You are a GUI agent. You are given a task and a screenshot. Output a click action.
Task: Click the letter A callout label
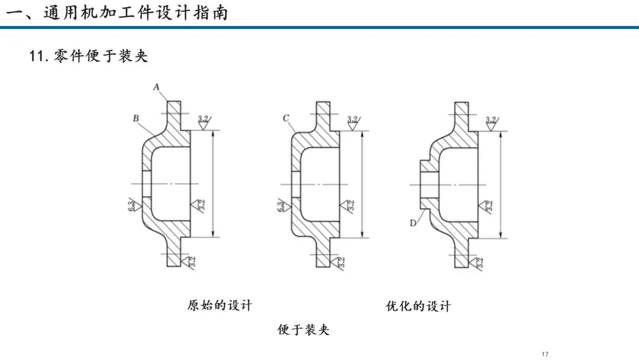pos(156,87)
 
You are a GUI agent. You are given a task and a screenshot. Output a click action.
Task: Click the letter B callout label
pos(135,118)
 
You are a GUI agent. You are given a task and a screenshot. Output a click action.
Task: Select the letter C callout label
pos(286,118)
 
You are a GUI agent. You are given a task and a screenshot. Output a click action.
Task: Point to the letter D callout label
pos(413,223)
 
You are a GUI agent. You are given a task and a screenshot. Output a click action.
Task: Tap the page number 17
pos(546,354)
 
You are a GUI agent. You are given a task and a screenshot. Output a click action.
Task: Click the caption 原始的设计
pos(220,306)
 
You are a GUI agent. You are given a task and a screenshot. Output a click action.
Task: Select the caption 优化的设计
pos(418,306)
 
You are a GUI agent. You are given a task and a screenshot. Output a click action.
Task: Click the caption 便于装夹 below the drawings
pos(304,329)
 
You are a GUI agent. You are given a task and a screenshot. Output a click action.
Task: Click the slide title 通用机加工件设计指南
pos(135,13)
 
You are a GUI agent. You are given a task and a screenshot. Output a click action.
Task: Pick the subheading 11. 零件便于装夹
pos(88,56)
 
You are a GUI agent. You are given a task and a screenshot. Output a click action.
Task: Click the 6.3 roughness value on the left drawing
pos(131,205)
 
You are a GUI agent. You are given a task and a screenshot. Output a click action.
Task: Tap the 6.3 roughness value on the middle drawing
pos(281,205)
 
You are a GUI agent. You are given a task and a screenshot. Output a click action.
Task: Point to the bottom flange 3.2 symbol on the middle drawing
pos(339,262)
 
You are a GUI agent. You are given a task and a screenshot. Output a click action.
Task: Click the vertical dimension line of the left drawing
pos(213,184)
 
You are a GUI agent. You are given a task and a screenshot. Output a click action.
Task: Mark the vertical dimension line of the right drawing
pos(501,185)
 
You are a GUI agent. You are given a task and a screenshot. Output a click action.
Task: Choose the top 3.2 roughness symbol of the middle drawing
pos(353,123)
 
